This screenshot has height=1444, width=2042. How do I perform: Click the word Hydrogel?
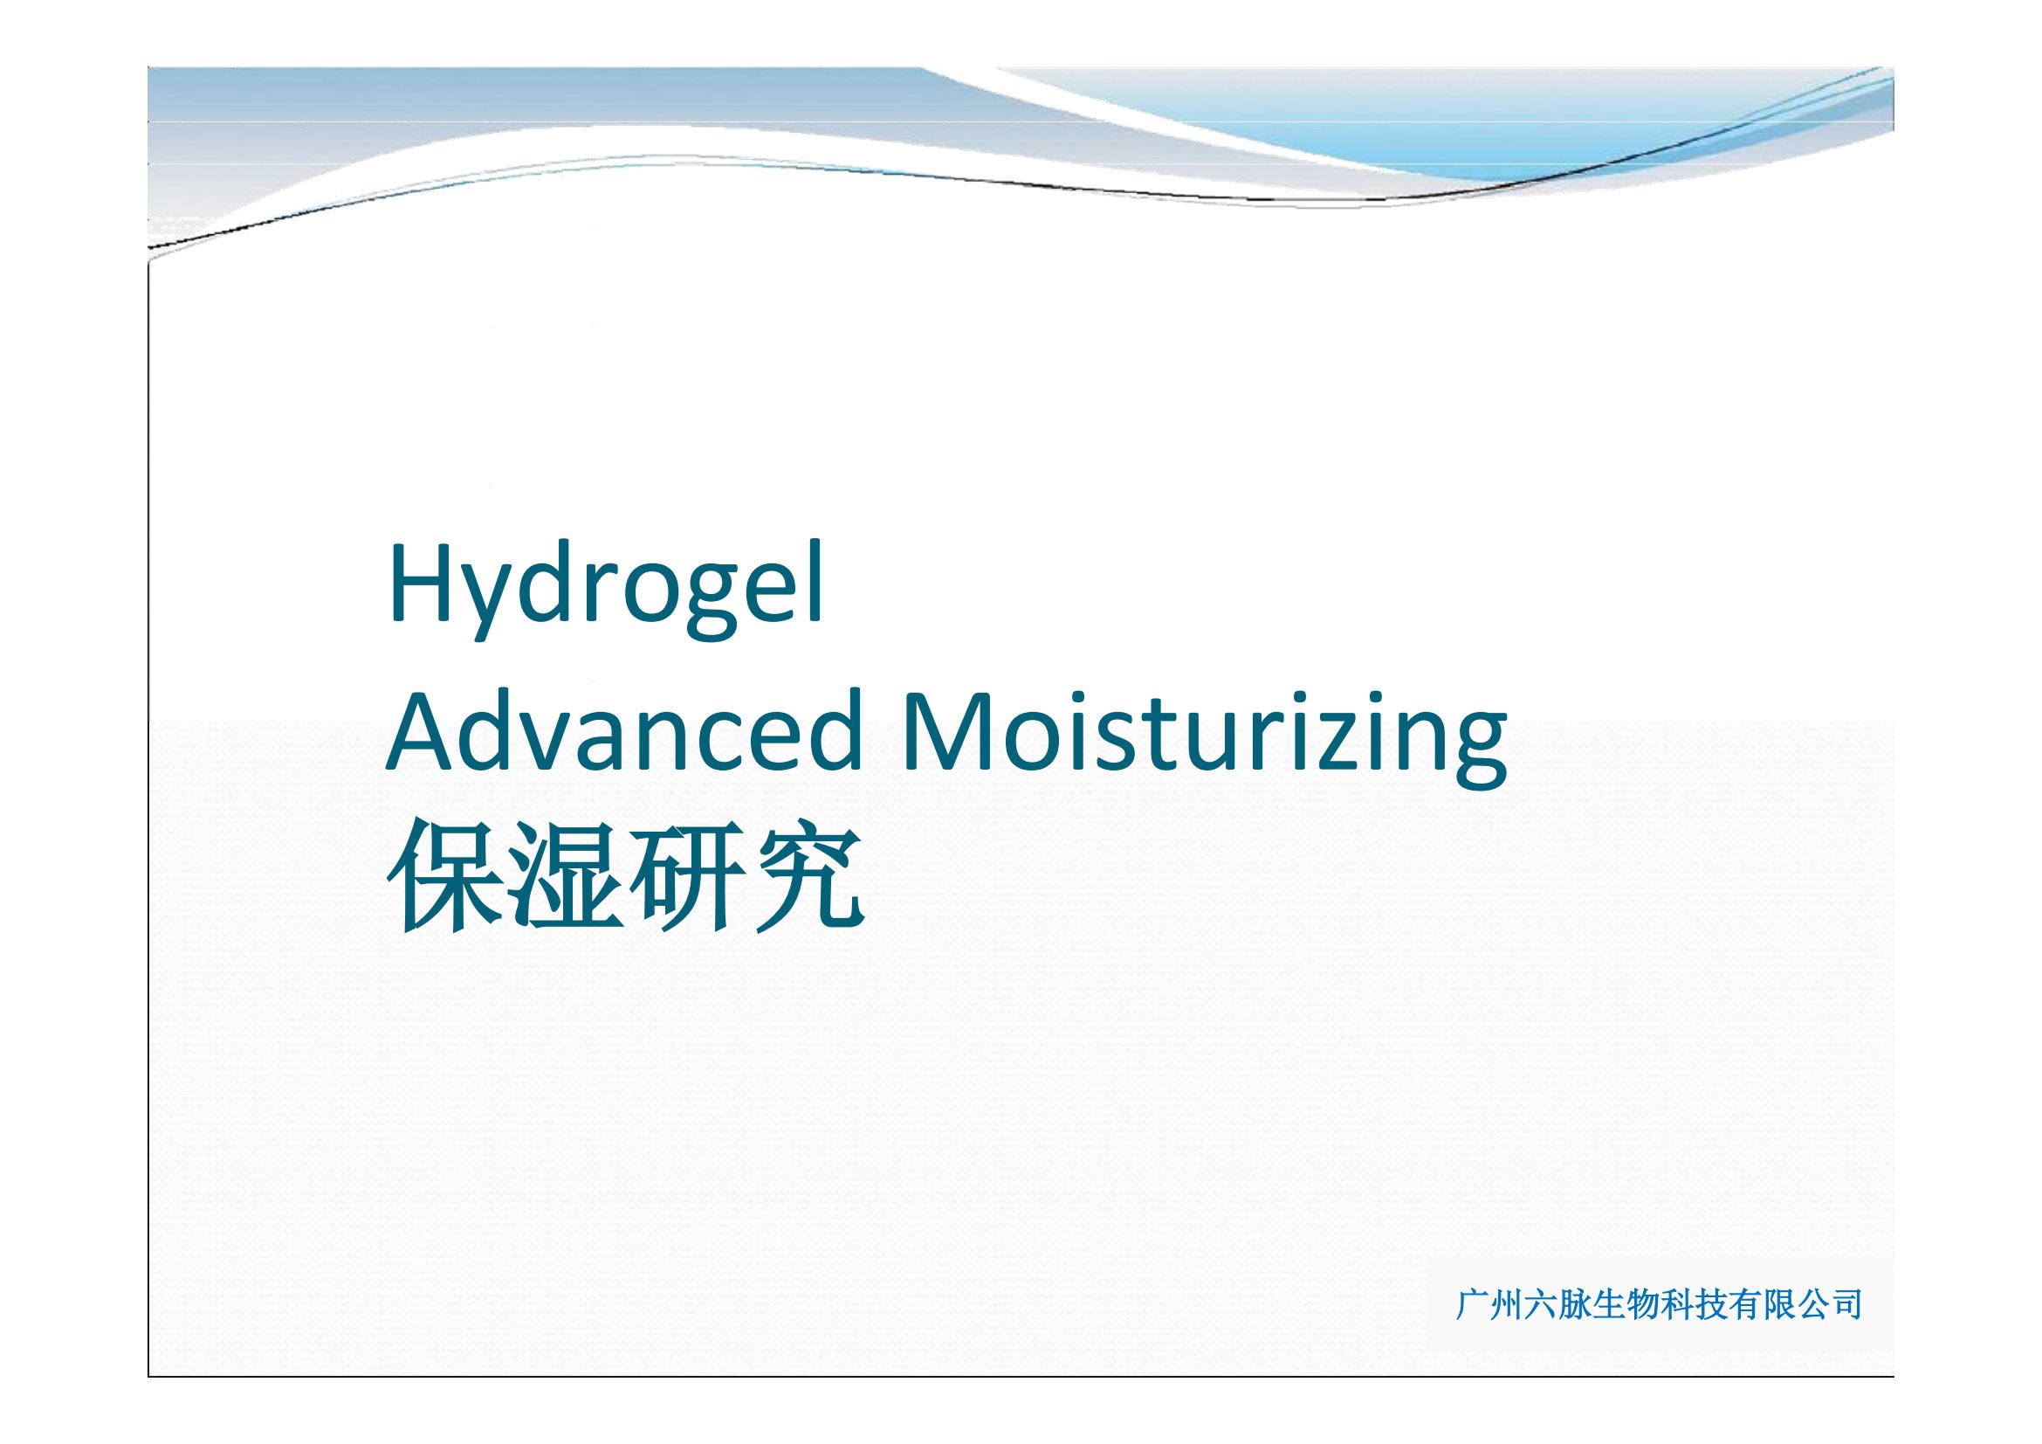[606, 589]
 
